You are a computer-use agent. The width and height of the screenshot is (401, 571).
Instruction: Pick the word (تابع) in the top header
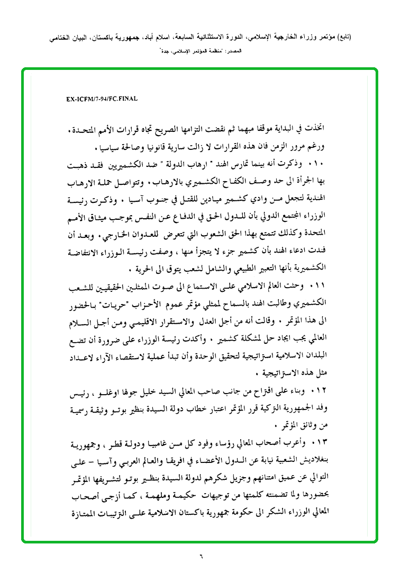click(343, 38)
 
